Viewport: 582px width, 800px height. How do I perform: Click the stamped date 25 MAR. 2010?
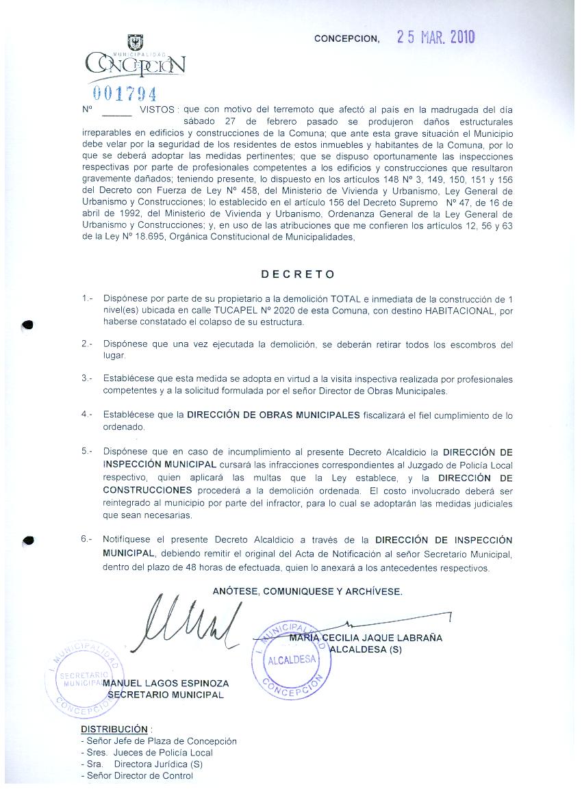click(435, 38)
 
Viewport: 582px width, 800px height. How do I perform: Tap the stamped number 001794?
click(125, 93)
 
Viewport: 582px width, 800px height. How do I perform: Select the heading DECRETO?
click(299, 274)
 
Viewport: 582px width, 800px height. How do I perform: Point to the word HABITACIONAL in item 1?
click(457, 311)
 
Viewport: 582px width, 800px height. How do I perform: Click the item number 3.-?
click(86, 378)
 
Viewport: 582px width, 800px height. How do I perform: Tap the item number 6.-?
click(86, 539)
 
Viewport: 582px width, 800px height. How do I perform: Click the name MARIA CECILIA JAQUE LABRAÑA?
click(366, 638)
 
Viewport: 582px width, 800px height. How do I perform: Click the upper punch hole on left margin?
click(27, 325)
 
